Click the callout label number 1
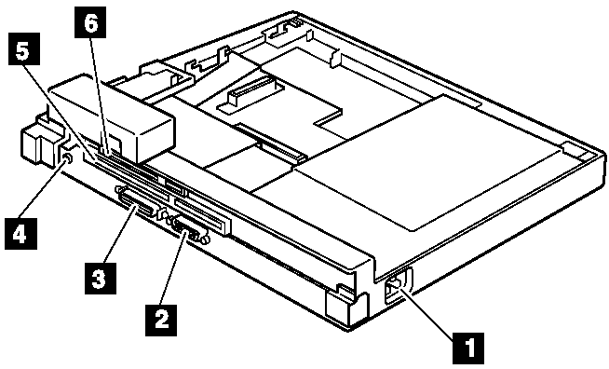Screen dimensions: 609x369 coord(468,348)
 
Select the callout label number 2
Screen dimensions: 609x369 coord(161,320)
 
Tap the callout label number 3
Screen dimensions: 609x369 coord(100,279)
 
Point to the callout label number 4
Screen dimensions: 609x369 coord(21,234)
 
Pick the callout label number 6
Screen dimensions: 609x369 coord(89,22)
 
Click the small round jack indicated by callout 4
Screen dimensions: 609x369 coord(66,158)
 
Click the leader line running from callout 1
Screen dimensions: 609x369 coord(428,312)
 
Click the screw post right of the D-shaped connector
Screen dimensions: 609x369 coord(206,239)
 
